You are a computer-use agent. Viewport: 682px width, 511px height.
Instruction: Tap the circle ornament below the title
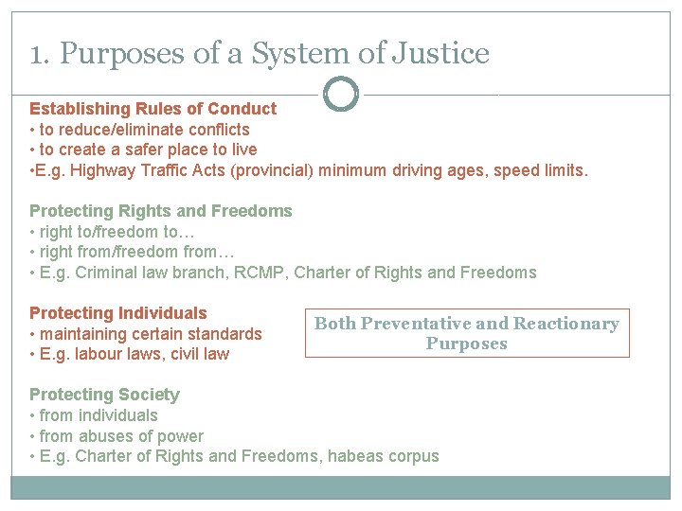point(341,94)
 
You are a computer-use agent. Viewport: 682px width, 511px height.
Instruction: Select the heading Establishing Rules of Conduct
point(153,109)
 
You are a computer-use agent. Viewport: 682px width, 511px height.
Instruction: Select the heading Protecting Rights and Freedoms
point(160,211)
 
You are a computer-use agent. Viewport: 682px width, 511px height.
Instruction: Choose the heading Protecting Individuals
point(117,313)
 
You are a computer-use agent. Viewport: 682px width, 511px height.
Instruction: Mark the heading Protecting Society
point(104,395)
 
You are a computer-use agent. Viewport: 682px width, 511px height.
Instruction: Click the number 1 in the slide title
point(35,54)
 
